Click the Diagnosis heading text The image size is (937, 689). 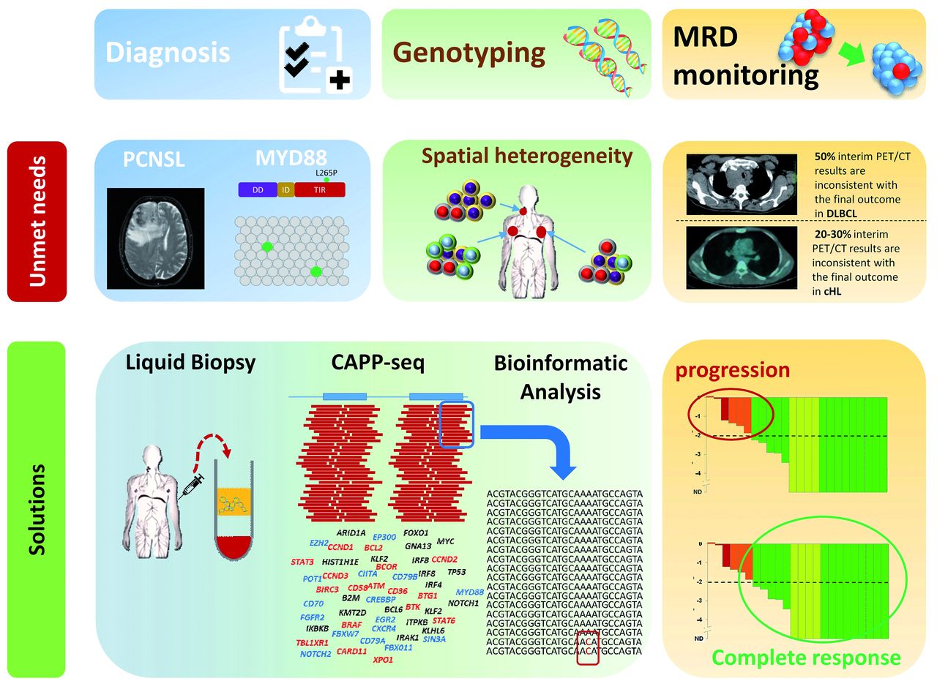point(168,53)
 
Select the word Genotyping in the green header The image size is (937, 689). point(469,53)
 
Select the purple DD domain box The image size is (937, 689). point(257,190)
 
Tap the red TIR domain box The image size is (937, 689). point(318,190)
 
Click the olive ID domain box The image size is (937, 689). point(285,190)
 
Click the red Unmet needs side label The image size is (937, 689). point(37,222)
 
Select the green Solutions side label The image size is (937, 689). point(37,508)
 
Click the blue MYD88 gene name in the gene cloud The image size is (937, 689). point(469,592)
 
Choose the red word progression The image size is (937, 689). point(733,370)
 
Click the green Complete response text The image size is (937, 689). point(806,658)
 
